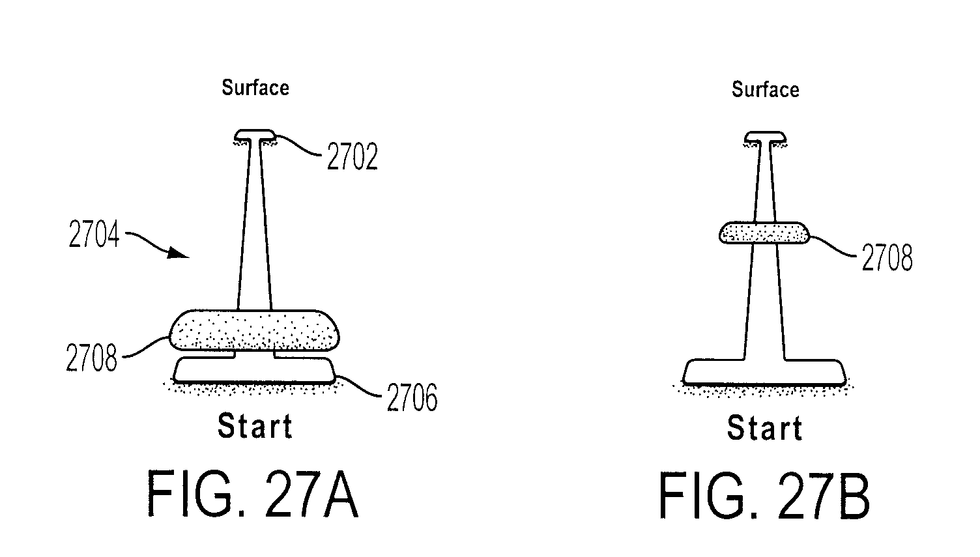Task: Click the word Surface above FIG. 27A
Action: tap(255, 87)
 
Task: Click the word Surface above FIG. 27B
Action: tap(765, 90)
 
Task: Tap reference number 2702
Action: tap(352, 156)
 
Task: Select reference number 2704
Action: tap(94, 235)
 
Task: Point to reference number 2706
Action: tap(412, 398)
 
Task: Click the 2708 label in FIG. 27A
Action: tap(91, 358)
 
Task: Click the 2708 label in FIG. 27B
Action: tap(887, 257)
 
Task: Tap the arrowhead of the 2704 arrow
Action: tap(179, 253)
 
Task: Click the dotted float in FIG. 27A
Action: tap(254, 330)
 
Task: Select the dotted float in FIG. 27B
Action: tap(764, 233)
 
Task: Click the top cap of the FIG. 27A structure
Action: tap(255, 135)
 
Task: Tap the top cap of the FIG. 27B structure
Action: tap(765, 137)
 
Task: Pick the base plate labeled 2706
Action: tap(254, 370)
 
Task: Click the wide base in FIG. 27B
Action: tap(764, 373)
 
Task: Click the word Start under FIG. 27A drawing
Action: tap(255, 426)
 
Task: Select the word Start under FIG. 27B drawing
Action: tap(765, 427)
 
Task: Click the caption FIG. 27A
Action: tap(253, 494)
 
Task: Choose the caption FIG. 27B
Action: tap(764, 496)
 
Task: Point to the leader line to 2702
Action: tap(299, 145)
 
